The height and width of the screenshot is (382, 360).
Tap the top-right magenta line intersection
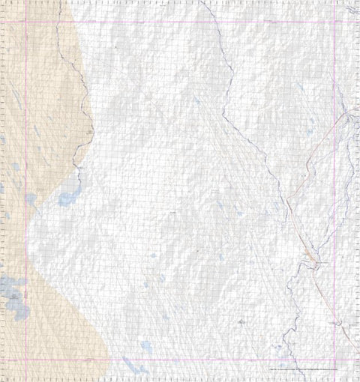click(x=334, y=21)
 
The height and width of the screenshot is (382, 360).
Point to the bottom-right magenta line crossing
click(x=334, y=360)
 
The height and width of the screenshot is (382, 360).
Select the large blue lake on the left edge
click(x=13, y=289)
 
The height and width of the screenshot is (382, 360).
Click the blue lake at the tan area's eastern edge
click(x=68, y=199)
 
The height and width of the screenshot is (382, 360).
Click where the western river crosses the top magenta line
click(x=58, y=21)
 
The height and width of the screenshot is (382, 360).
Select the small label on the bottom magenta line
click(x=90, y=360)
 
